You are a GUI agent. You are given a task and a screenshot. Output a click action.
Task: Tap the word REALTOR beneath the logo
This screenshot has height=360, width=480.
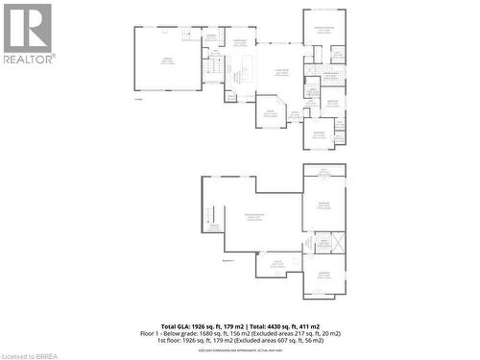pyautogui.click(x=28, y=58)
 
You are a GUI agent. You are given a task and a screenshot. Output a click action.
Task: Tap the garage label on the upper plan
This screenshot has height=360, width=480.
pyautogui.click(x=167, y=60)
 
